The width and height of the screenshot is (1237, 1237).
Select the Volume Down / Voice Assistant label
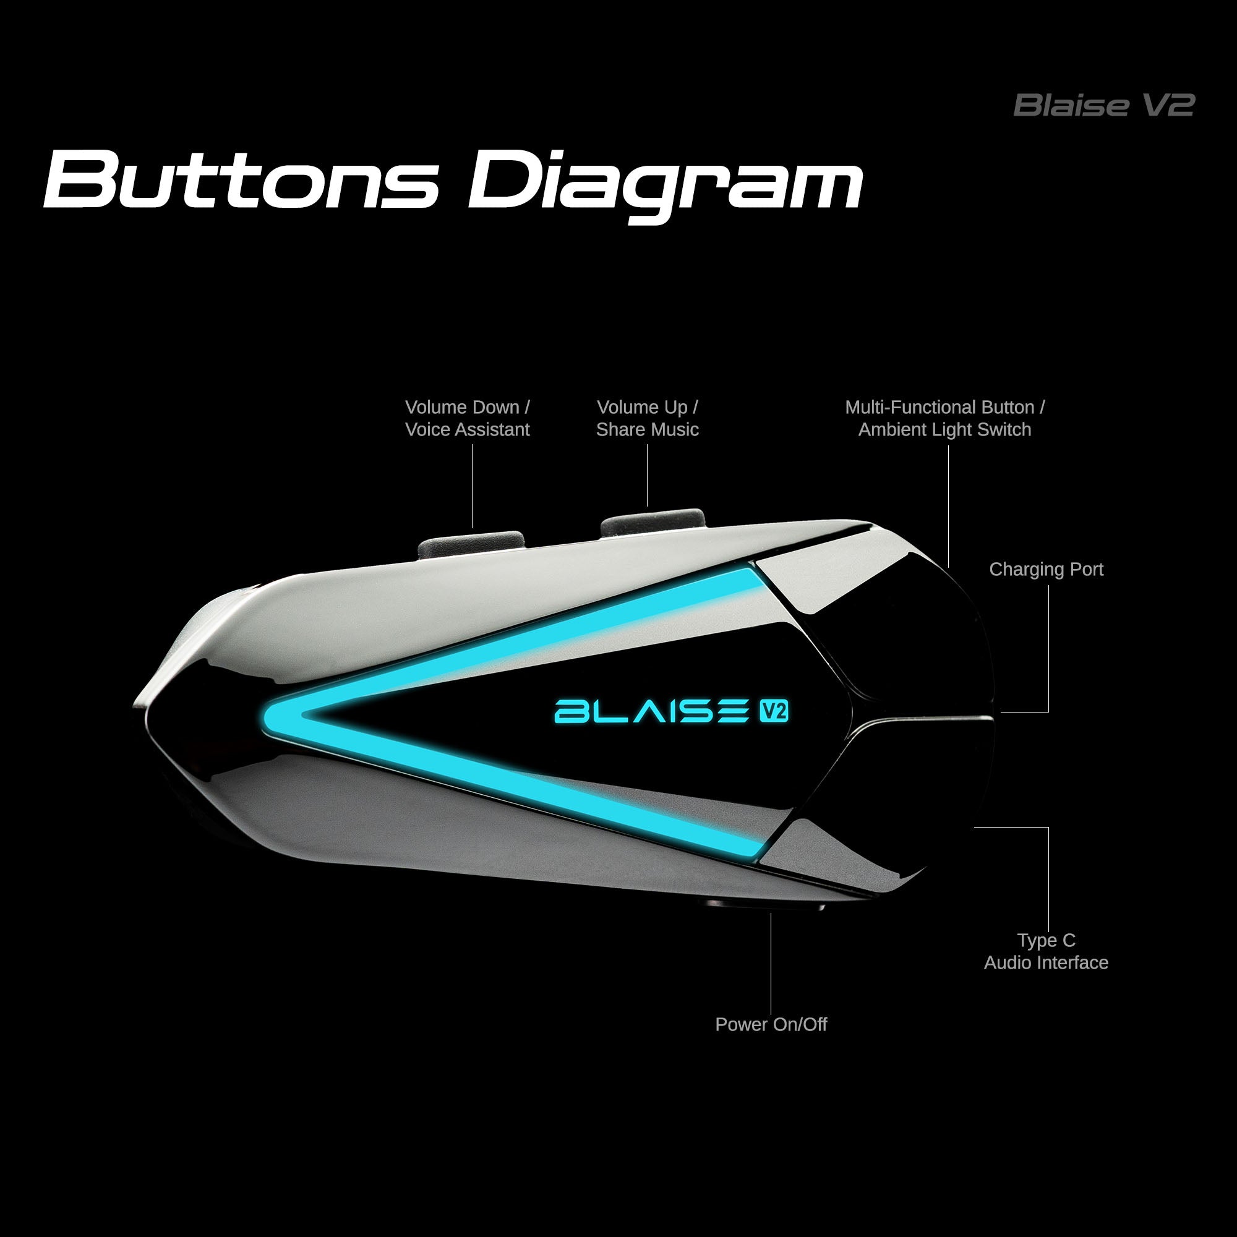pos(468,418)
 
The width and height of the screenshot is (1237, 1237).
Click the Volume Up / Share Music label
pos(648,418)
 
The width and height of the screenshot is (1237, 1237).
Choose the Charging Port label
pos(1047,569)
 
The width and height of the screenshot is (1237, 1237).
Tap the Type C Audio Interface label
pos(1047,951)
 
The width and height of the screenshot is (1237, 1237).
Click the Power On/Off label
pos(771,1024)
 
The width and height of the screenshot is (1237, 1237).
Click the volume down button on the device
pos(471,542)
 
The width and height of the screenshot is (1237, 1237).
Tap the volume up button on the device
pos(652,522)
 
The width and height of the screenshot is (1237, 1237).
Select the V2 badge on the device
pos(774,711)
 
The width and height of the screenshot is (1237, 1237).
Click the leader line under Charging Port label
pos(1048,647)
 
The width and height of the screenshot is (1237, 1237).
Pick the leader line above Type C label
pos(1048,877)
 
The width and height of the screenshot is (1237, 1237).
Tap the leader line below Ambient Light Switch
pos(948,506)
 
